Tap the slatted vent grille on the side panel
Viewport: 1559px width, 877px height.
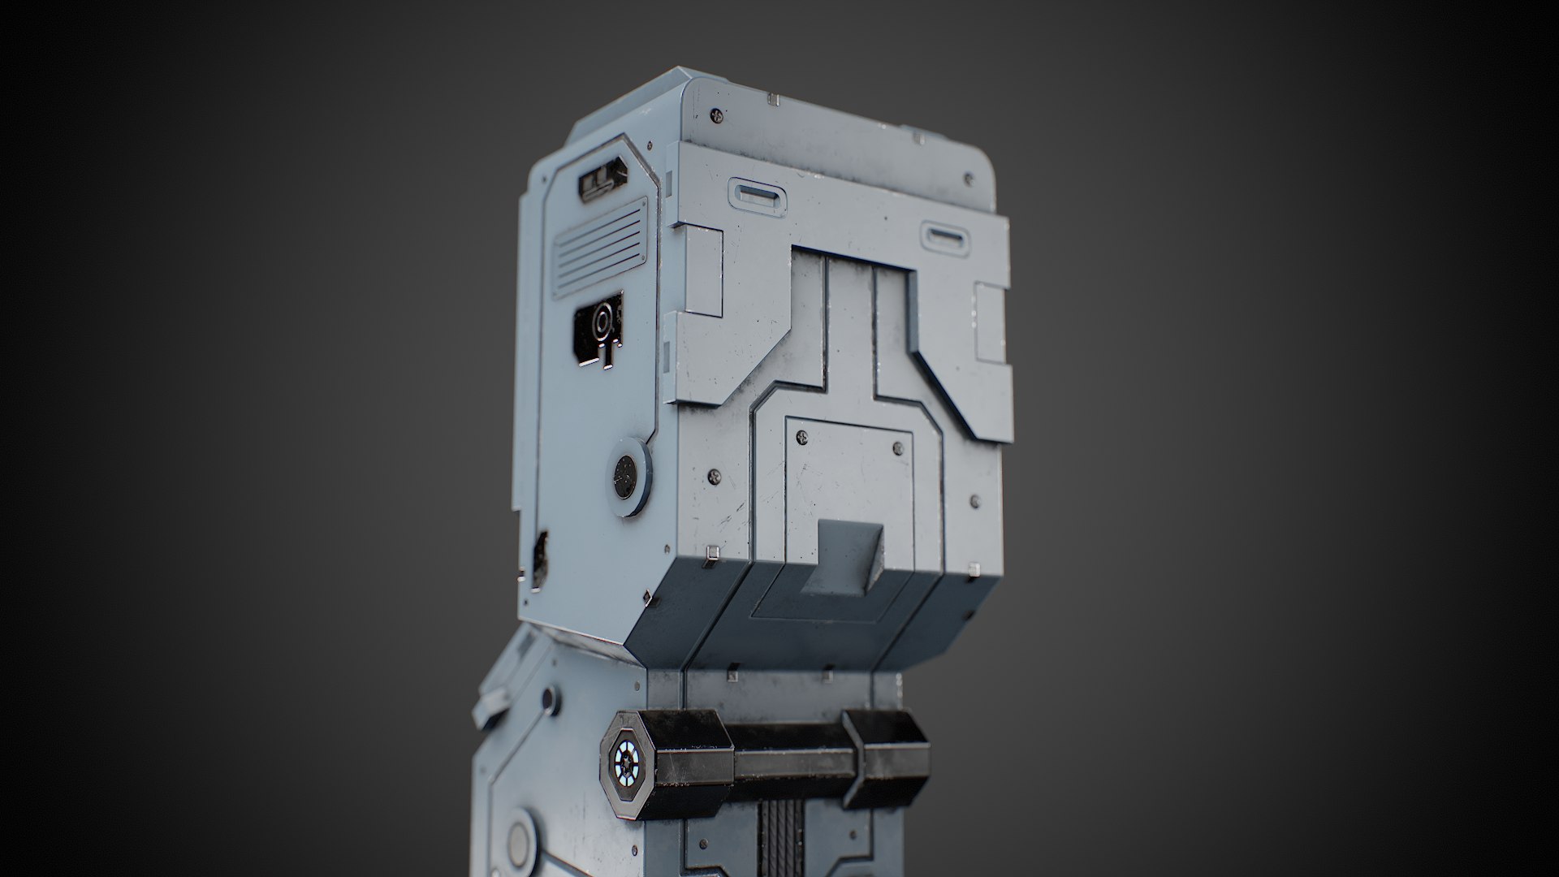pos(599,247)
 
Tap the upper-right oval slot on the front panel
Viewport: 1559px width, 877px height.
pos(944,238)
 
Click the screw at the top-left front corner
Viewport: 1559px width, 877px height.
pos(715,114)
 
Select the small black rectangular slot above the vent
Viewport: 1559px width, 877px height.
pos(599,184)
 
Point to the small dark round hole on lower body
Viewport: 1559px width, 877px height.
pos(549,697)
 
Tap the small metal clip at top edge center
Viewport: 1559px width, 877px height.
pos(773,99)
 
